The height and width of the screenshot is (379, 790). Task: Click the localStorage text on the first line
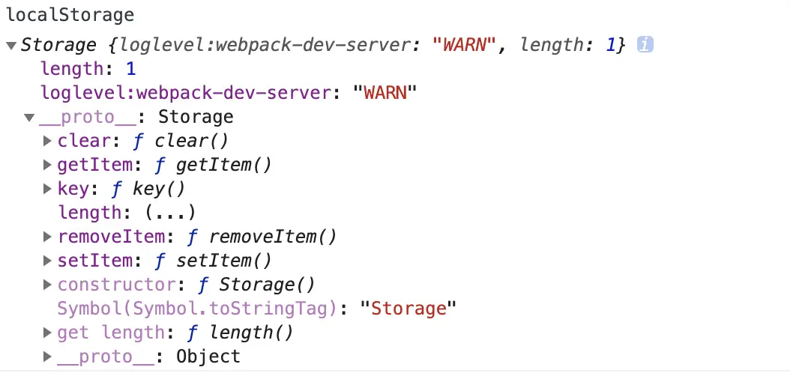[70, 15]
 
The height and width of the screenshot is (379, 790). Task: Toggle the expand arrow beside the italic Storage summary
[10, 45]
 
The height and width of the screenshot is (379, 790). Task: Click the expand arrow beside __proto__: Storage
[28, 118]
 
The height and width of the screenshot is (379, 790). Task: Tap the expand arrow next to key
[47, 189]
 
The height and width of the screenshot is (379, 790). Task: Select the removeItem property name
[110, 237]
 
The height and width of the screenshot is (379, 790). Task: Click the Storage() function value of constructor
[267, 285]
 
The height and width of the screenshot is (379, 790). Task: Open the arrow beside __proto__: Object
[47, 357]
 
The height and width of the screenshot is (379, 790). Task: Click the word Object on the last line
[208, 357]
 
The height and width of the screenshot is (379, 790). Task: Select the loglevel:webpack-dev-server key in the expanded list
[186, 93]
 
